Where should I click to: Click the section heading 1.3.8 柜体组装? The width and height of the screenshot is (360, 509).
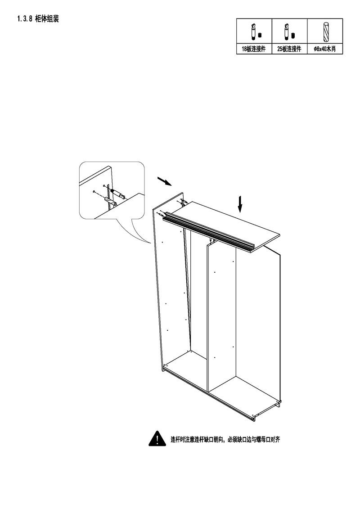(38, 19)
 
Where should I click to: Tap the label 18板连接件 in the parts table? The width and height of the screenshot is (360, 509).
(253, 50)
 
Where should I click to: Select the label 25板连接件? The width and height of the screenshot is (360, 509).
(289, 50)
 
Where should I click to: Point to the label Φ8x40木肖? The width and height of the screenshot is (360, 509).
(324, 50)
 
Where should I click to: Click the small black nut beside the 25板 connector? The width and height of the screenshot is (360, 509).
(293, 35)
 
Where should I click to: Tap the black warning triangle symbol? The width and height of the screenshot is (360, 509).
(157, 439)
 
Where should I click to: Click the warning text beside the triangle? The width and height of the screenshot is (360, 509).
(225, 440)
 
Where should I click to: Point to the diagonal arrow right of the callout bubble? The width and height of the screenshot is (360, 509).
(165, 181)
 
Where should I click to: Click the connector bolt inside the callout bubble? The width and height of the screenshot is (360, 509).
(117, 194)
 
